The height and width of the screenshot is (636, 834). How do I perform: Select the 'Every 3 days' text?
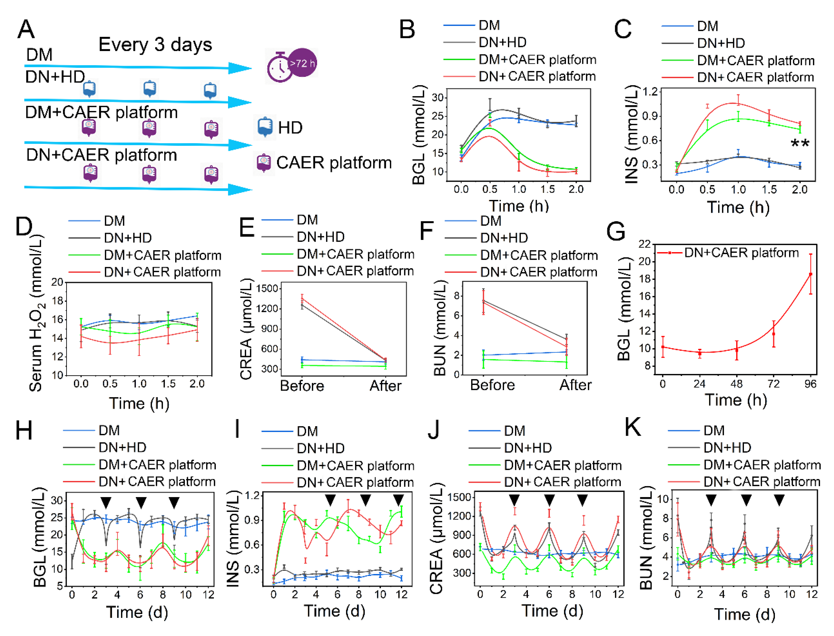(x=155, y=45)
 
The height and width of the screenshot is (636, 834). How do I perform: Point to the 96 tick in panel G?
(x=810, y=384)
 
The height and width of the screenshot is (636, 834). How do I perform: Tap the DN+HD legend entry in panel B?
(x=502, y=42)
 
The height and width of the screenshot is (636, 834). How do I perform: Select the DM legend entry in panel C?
(x=707, y=26)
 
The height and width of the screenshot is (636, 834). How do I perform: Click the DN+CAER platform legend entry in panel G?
(x=741, y=252)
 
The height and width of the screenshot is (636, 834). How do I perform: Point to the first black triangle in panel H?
(x=106, y=503)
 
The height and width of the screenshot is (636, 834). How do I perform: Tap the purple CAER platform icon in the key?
(x=264, y=162)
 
